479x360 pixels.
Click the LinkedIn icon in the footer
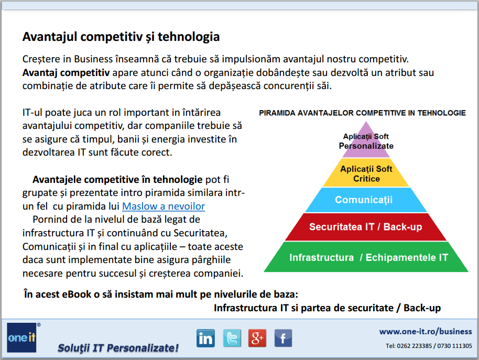coord(205,339)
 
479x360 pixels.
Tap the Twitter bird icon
coord(232,339)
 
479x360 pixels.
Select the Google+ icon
coord(257,339)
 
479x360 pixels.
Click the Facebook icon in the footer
coord(283,339)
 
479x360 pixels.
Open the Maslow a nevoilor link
coord(164,206)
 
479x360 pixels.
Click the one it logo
coord(21,337)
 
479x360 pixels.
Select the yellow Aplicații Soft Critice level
coord(366,173)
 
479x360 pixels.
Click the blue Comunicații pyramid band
coord(366,200)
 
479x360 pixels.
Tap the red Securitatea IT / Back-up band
coord(366,227)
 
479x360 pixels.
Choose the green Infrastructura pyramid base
coord(366,257)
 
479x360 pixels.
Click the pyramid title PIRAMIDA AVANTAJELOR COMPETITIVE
coord(362,113)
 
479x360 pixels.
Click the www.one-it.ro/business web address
coord(426,332)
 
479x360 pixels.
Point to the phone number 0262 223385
coord(414,346)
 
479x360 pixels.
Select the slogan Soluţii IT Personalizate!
coord(118,348)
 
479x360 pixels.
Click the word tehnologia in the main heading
coord(189,37)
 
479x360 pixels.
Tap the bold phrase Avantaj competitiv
coord(66,73)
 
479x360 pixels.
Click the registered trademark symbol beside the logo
coord(39,324)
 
